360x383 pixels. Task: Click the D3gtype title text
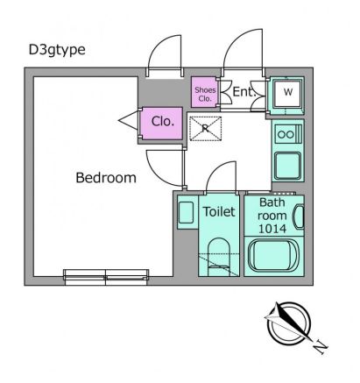point(57,49)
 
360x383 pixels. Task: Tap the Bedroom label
point(106,178)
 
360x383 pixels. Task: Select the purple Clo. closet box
point(160,122)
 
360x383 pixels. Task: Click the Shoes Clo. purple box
point(204,93)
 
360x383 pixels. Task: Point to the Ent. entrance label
point(243,91)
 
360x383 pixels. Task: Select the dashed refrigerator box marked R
point(205,129)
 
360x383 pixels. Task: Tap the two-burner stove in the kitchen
point(287,134)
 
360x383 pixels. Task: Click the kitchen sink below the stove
point(287,165)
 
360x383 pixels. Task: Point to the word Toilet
point(218,211)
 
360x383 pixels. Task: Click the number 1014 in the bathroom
point(272,228)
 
